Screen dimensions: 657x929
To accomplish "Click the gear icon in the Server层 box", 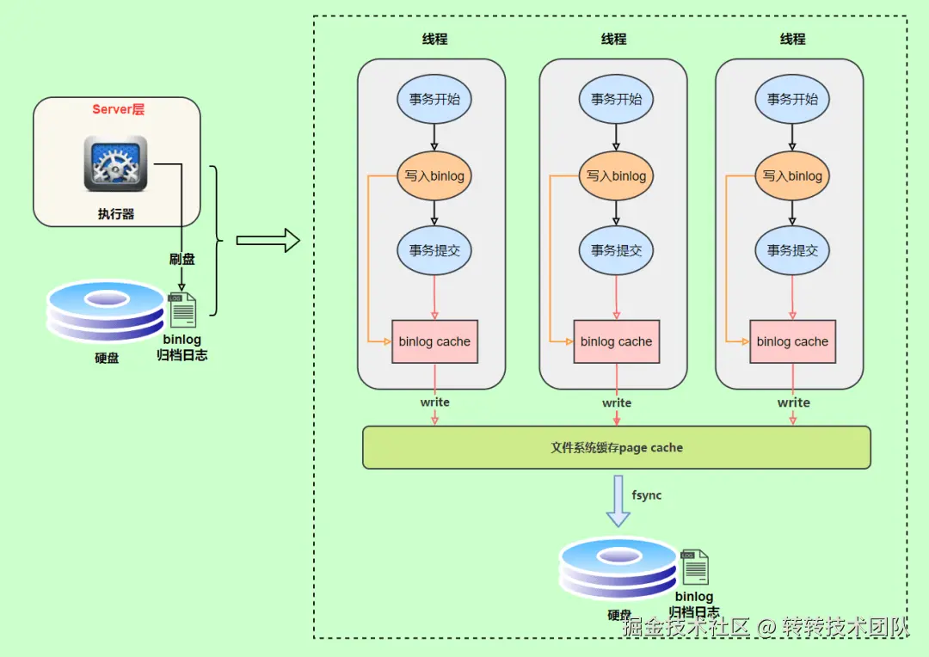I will tap(115, 163).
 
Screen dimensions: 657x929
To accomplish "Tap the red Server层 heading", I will tap(119, 109).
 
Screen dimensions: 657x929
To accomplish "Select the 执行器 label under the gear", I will tap(115, 213).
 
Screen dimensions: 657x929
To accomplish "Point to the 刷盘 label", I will tap(181, 258).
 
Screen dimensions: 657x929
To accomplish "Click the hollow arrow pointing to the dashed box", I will tap(268, 242).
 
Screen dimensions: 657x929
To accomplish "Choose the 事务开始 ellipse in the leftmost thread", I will tap(434, 99).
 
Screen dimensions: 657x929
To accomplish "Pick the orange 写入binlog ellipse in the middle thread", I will tap(616, 176).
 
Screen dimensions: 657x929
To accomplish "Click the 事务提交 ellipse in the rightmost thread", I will tap(792, 250).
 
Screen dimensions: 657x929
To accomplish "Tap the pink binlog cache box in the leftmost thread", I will tap(434, 341).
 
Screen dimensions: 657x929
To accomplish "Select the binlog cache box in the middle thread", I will tap(616, 341).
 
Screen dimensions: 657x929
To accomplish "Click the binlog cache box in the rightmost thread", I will tap(792, 341).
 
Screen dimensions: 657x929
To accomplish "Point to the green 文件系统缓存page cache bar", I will tap(617, 447).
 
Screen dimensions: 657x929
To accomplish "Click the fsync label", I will tap(647, 495).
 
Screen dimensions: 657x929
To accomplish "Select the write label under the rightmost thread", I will tap(793, 402).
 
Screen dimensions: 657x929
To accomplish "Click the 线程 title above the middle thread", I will tap(614, 39).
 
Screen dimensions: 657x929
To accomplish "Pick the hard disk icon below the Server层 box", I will tap(105, 312).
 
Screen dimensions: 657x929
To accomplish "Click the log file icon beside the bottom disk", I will tap(695, 568).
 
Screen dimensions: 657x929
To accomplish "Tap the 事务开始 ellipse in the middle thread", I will tap(616, 99).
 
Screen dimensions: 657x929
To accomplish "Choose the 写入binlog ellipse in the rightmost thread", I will tap(792, 176).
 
